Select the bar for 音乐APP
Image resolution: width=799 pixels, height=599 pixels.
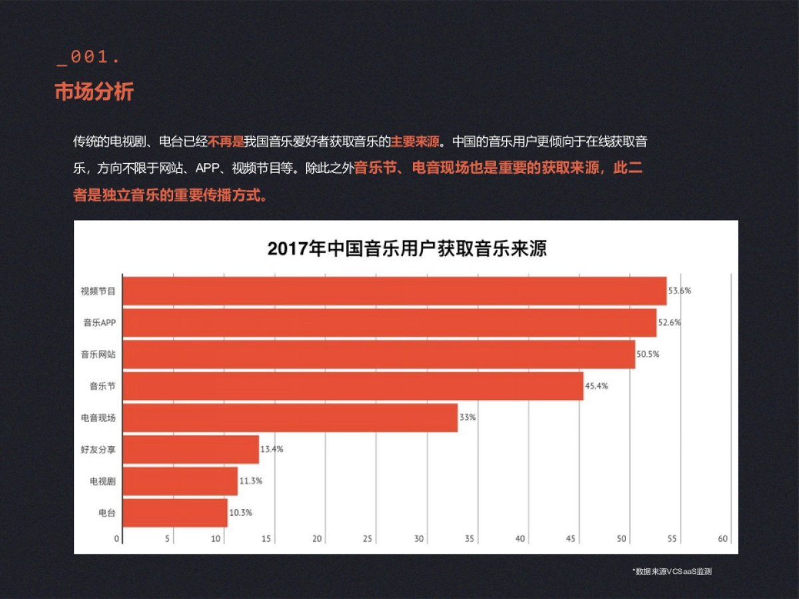click(390, 323)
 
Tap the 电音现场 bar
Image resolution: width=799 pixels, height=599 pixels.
click(290, 418)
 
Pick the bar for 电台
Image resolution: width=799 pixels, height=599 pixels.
click(175, 513)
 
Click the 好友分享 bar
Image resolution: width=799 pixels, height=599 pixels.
click(191, 449)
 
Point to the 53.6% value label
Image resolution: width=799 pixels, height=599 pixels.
click(680, 291)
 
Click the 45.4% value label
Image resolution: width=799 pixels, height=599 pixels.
click(597, 386)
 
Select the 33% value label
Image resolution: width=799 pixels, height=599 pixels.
click(467, 418)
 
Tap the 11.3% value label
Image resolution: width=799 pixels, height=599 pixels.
click(250, 481)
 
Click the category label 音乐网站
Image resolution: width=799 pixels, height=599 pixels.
click(98, 355)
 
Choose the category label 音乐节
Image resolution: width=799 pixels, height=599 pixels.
click(103, 386)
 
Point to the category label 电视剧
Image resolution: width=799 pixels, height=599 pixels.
click(103, 481)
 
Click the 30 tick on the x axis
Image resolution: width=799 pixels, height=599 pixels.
click(419, 539)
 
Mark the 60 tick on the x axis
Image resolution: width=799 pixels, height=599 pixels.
click(723, 539)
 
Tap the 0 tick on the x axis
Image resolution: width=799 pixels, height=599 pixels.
click(117, 539)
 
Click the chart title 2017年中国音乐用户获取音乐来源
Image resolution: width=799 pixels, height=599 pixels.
click(406, 249)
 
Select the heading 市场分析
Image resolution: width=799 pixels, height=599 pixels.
click(94, 92)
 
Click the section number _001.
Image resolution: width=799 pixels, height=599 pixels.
click(88, 58)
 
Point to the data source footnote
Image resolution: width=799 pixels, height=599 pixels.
click(672, 571)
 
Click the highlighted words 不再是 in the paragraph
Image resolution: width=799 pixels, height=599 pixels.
click(226, 142)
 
